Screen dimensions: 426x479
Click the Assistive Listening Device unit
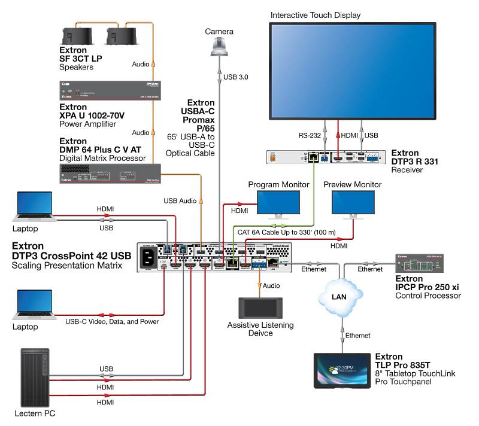pyautogui.click(x=260, y=308)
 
